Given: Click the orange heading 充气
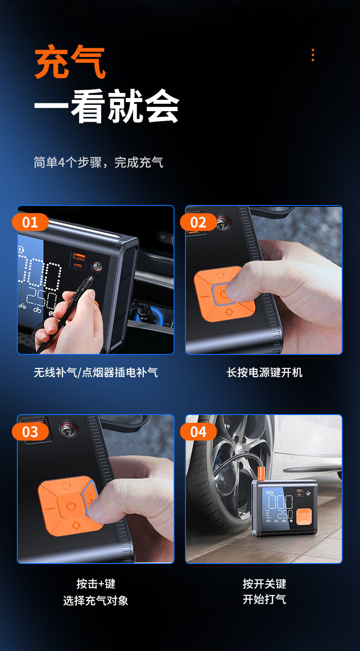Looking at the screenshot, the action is pos(70,62).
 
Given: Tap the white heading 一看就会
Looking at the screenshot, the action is pos(107,106).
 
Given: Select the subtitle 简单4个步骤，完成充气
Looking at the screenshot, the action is pos(98,162).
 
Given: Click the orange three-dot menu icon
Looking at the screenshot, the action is pos(313,55).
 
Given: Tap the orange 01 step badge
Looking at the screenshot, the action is pos(30,222).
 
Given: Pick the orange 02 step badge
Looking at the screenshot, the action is pos(198,222).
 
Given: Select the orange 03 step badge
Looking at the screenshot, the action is pos(30,431).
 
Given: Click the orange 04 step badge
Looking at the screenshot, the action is pos(198,431).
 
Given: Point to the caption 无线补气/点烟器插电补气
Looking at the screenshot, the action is pos(96,372).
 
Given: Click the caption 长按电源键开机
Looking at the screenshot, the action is pos(264,372).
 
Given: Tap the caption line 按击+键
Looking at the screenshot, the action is pos(96,583).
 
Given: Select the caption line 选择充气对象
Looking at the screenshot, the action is pos(96,600).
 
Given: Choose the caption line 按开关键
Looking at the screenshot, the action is pos(264,583).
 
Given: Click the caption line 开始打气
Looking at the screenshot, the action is pos(264,599).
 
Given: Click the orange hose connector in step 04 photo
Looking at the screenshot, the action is pos(261,473).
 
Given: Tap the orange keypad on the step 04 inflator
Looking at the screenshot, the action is pos(304,517).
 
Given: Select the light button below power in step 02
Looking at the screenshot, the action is pos(229,312).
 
